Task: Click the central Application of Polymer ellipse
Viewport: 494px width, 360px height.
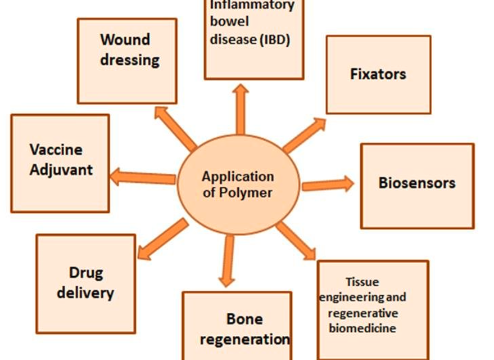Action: (237, 184)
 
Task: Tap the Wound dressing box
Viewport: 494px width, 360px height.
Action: (127, 61)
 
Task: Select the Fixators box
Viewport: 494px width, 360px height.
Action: (378, 74)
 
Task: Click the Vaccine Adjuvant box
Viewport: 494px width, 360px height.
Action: (60, 163)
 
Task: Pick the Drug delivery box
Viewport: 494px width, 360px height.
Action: (85, 282)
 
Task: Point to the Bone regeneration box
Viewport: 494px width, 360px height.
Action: (237, 326)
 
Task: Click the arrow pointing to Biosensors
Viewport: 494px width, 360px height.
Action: (328, 184)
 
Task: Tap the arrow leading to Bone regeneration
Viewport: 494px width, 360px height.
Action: (227, 261)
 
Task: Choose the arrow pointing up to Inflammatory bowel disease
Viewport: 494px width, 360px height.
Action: (241, 109)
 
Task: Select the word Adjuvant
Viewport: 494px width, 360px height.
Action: (61, 169)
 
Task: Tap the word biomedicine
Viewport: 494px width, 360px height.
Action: (362, 328)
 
